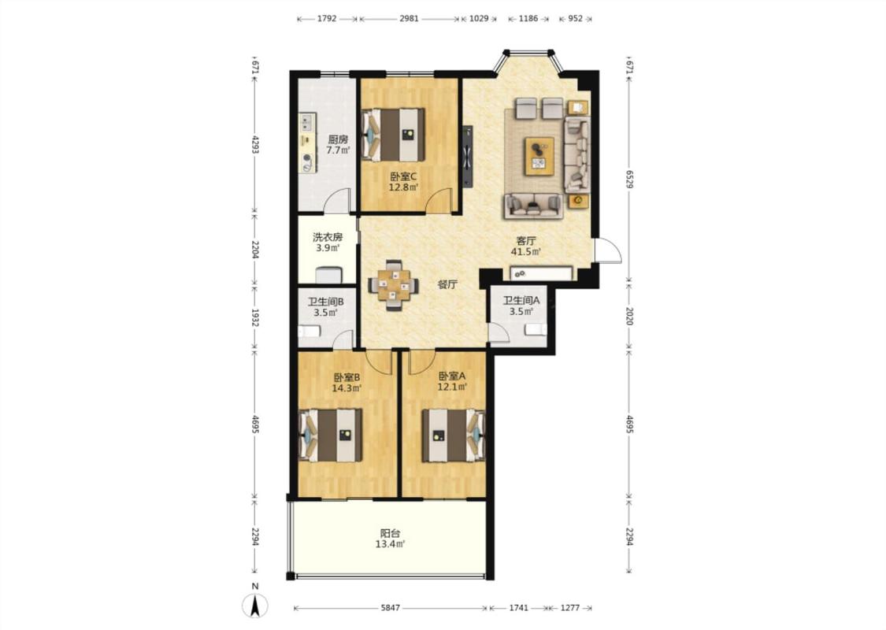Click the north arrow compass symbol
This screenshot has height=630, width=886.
(x=255, y=606)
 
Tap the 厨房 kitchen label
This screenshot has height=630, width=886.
(x=338, y=139)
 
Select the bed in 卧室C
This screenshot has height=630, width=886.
(x=393, y=135)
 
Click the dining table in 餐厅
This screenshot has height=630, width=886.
(x=394, y=285)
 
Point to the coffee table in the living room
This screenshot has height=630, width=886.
(x=539, y=156)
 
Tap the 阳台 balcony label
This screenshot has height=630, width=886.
(x=390, y=533)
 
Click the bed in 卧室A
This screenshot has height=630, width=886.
(x=454, y=435)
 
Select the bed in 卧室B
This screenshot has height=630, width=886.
(x=330, y=435)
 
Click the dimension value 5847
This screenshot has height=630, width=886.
(x=390, y=608)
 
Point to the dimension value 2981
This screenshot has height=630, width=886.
(x=409, y=18)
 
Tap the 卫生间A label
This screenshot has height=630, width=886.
(x=521, y=301)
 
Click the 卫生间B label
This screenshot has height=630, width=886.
(x=325, y=302)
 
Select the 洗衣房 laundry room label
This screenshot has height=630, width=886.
(x=328, y=237)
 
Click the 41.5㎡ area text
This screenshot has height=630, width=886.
(x=526, y=252)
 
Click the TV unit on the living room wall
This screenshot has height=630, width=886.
(x=467, y=156)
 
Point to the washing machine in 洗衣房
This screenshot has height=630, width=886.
(x=328, y=275)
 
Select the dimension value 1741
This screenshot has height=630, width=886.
(x=519, y=608)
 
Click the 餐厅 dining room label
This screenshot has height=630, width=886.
(x=447, y=284)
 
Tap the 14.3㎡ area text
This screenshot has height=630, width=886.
(x=347, y=388)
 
